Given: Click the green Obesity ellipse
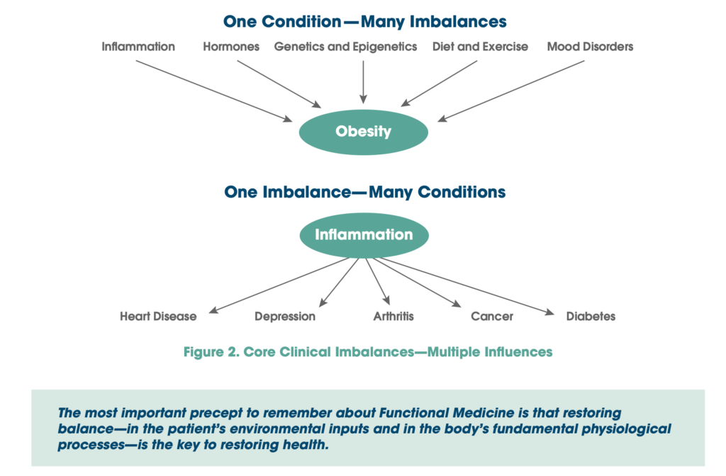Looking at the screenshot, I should (x=363, y=131).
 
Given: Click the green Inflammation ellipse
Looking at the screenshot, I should (x=364, y=234).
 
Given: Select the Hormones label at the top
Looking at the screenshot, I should (x=231, y=47).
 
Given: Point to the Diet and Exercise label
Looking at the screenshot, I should (x=480, y=47).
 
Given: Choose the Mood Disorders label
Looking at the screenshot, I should (x=590, y=47).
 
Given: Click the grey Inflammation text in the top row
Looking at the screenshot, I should (x=138, y=47).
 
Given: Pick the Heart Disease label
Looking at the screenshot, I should (x=158, y=316).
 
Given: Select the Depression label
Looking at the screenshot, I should (x=285, y=316).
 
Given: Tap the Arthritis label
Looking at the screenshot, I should (x=393, y=316).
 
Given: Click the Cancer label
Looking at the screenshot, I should (x=491, y=316).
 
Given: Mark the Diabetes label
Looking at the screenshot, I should (x=591, y=316).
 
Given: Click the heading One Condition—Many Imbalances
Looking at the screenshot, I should (x=365, y=21).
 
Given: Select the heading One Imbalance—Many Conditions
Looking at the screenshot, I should (x=365, y=192).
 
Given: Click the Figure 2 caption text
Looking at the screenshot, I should (x=367, y=351).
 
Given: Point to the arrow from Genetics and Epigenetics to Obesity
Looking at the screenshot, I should (x=363, y=81).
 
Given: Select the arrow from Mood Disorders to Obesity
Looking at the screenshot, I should (x=510, y=91).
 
